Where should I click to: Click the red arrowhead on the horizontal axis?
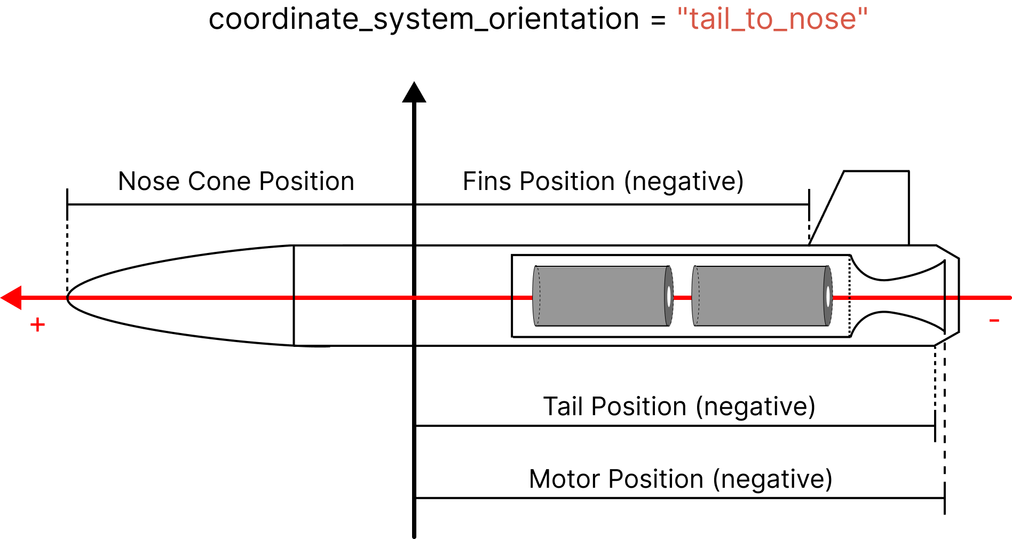point(12,298)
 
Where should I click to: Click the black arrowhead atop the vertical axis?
point(414,92)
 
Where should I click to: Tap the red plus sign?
point(37,324)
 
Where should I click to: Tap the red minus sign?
point(993,320)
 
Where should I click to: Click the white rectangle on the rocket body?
point(316,235)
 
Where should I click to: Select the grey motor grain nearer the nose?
point(602,296)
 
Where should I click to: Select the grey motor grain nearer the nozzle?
point(761,296)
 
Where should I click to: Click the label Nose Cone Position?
point(236,181)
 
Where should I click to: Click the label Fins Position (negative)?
point(603,181)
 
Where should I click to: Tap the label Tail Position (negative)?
point(679,407)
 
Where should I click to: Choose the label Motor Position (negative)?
point(681,479)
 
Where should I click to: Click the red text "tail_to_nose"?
point(772,19)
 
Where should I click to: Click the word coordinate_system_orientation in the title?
point(423,19)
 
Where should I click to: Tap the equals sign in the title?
point(658,20)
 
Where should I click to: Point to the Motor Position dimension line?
point(678,498)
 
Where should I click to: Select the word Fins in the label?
point(485,181)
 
